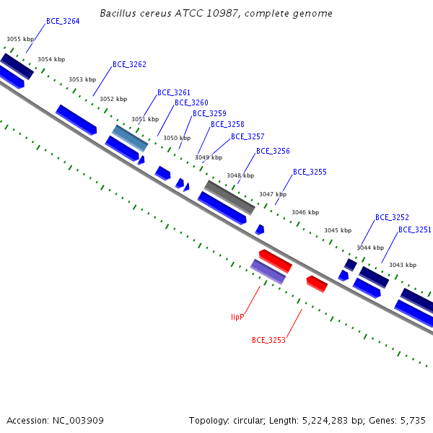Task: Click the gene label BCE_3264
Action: pyautogui.click(x=63, y=21)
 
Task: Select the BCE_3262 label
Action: pyautogui.click(x=129, y=65)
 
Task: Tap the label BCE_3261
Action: pyautogui.click(x=174, y=92)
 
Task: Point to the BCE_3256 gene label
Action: pyautogui.click(x=273, y=151)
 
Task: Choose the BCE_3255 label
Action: pyautogui.click(x=310, y=172)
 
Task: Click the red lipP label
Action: pyautogui.click(x=237, y=317)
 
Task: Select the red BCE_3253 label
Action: pyautogui.click(x=268, y=340)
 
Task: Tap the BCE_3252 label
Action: pyautogui.click(x=392, y=218)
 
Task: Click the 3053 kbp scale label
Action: pyautogui.click(x=82, y=79)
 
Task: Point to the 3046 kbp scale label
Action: pyautogui.click(x=305, y=212)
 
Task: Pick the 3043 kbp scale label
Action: pyautogui.click(x=403, y=265)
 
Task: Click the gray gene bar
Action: pyautogui.click(x=229, y=198)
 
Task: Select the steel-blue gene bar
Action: pyautogui.click(x=130, y=139)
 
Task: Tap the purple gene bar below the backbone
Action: pyautogui.click(x=268, y=272)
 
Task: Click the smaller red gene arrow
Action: pyautogui.click(x=317, y=284)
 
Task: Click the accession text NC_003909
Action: pyautogui.click(x=78, y=421)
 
